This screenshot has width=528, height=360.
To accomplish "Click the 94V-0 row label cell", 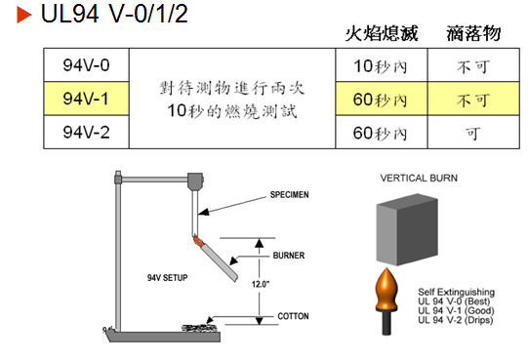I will point(86,65).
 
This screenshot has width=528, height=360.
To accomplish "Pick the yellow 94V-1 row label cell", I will point(86,99).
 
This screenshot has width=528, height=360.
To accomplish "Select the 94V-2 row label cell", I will point(86,131).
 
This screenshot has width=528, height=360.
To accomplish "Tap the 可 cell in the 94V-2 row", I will point(473,131).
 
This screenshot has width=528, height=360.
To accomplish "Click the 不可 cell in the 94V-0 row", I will point(473,66).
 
